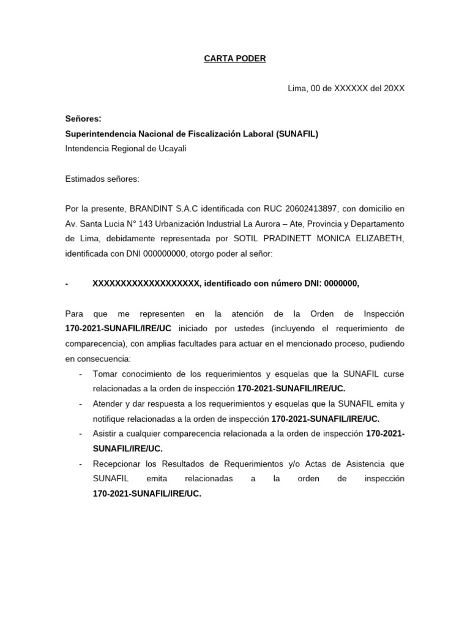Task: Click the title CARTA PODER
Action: (235, 59)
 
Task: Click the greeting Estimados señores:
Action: (102, 179)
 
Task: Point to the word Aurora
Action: (278, 223)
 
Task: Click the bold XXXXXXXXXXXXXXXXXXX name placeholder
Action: (146, 283)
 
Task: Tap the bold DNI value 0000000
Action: (340, 283)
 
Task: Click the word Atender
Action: (108, 404)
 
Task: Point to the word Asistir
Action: (106, 434)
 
